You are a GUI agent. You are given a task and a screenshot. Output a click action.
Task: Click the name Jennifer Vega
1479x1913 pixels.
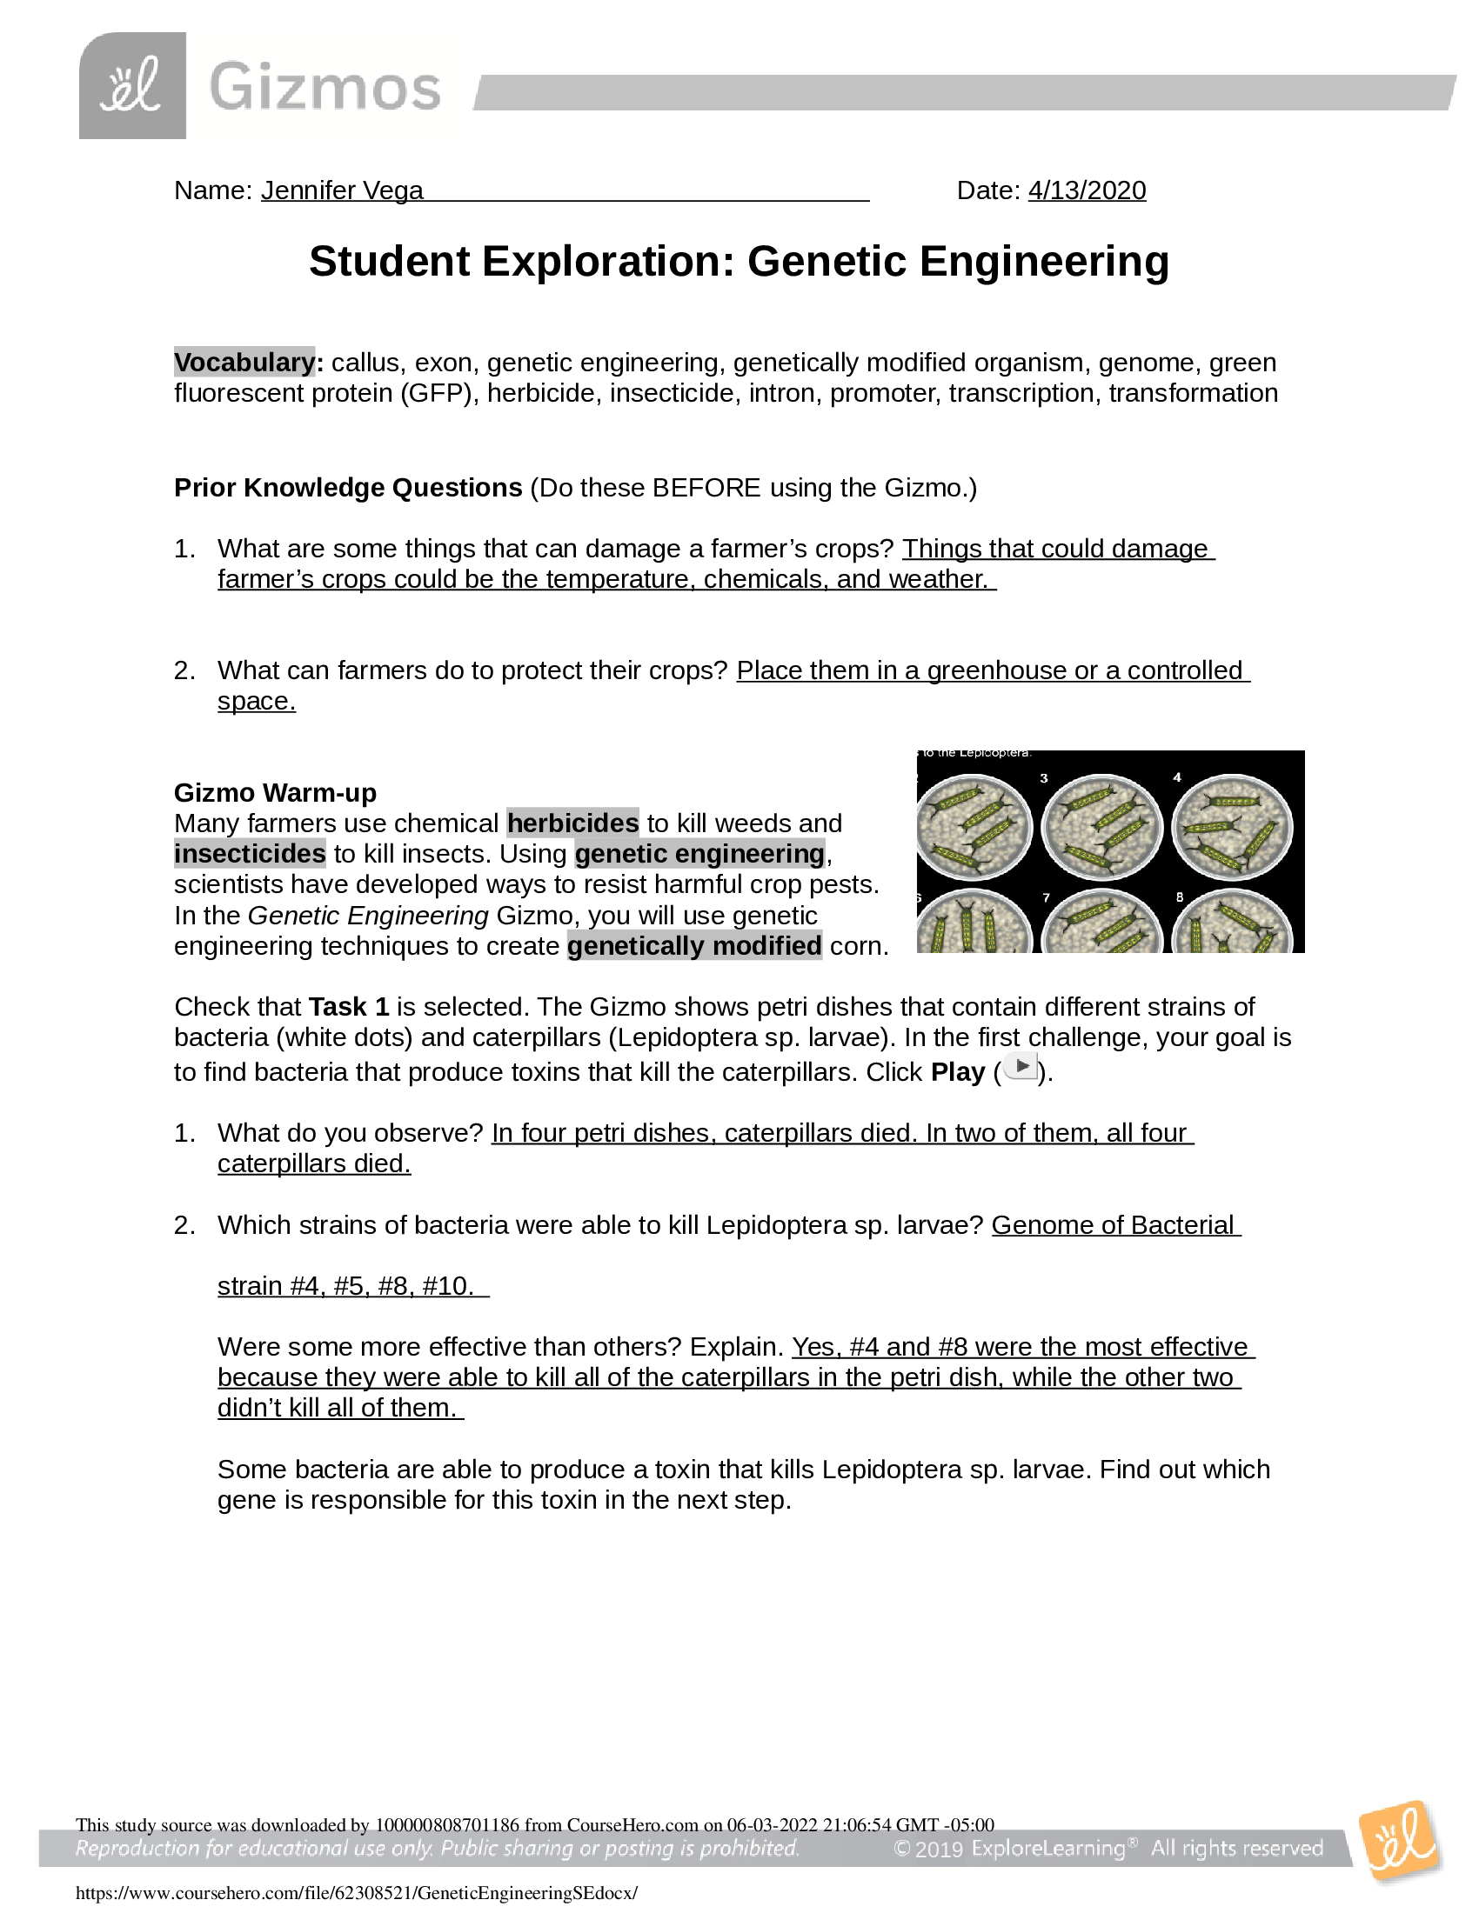click(x=342, y=190)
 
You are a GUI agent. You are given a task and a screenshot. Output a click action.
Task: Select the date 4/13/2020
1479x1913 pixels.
click(x=1087, y=190)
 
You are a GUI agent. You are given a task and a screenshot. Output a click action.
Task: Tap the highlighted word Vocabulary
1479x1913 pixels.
click(x=244, y=362)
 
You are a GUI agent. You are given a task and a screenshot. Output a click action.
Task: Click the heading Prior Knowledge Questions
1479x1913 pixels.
click(x=348, y=487)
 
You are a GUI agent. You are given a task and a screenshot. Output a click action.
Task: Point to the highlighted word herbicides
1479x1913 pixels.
click(x=572, y=823)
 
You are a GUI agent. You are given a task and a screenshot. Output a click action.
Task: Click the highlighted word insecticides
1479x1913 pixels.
click(x=250, y=853)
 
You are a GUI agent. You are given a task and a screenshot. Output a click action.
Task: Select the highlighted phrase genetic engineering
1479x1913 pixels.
click(x=699, y=853)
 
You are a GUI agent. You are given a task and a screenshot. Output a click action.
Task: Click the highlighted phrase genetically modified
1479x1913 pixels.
click(x=694, y=946)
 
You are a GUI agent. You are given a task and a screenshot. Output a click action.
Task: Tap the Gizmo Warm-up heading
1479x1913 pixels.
click(x=275, y=793)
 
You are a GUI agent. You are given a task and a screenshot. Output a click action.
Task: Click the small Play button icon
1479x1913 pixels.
click(x=1021, y=1067)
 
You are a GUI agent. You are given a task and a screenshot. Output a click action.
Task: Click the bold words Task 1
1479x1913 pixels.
click(x=349, y=1006)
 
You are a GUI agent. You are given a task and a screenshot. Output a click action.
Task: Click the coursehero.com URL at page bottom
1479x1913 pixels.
click(x=357, y=1892)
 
